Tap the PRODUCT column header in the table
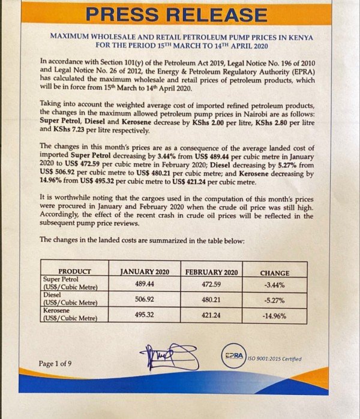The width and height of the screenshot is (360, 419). tap(74, 271)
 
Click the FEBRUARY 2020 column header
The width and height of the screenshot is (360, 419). tap(211, 272)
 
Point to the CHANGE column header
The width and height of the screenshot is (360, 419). tap(274, 273)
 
